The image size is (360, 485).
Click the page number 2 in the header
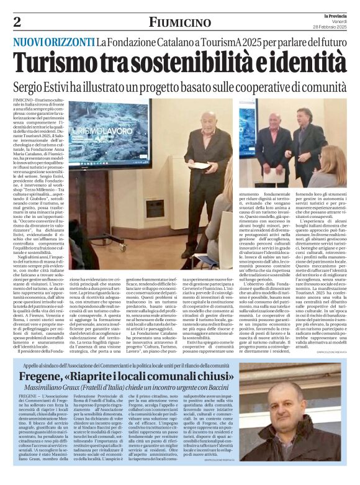[17, 22]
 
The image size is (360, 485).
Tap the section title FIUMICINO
[179, 22]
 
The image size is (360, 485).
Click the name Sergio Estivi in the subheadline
[47, 86]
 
